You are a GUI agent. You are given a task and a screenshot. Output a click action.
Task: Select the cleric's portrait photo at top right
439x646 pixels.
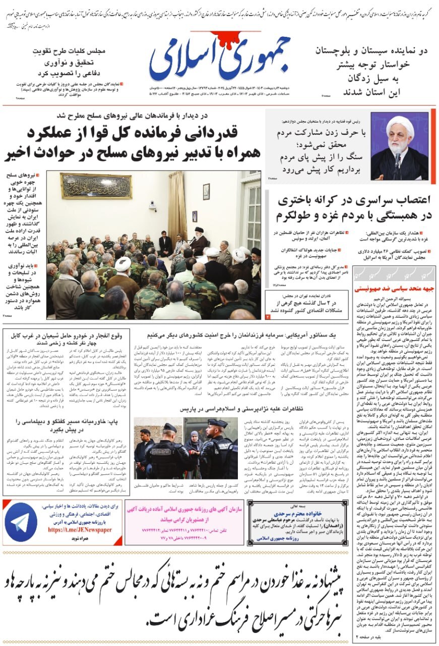[x=399, y=146]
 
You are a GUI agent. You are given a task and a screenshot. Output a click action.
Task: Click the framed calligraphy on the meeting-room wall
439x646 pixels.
[x=96, y=186]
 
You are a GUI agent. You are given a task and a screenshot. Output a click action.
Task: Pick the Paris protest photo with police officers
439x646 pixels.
[x=186, y=448]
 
